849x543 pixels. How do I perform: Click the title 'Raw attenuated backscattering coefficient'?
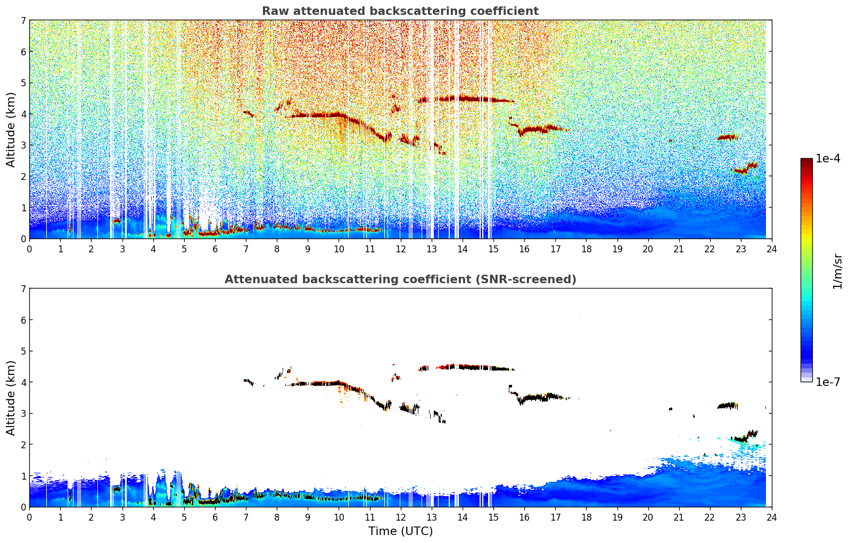(400, 11)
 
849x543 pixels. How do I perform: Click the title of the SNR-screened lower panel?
(400, 279)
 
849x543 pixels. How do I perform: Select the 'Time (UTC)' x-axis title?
(400, 531)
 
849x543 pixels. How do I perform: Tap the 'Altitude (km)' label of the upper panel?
(11, 129)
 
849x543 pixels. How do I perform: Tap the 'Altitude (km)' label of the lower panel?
(11, 398)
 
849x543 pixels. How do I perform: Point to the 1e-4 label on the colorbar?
(828, 159)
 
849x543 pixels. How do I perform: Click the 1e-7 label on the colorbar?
(828, 382)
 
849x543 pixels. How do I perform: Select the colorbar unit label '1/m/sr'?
(837, 271)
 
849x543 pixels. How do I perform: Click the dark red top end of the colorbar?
(806, 161)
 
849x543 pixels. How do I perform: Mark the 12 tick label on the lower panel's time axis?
(400, 517)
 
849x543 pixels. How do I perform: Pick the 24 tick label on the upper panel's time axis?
(771, 249)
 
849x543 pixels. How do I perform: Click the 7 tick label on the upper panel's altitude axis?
(23, 20)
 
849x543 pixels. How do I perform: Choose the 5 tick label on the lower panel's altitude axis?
(23, 351)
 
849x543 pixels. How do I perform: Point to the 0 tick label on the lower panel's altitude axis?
(23, 507)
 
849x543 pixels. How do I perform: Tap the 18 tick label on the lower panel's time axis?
(586, 517)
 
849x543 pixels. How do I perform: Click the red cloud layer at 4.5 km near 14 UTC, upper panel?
(463, 98)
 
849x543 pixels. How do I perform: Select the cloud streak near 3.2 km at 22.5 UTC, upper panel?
(727, 137)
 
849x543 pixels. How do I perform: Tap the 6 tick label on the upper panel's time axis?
(215, 249)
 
